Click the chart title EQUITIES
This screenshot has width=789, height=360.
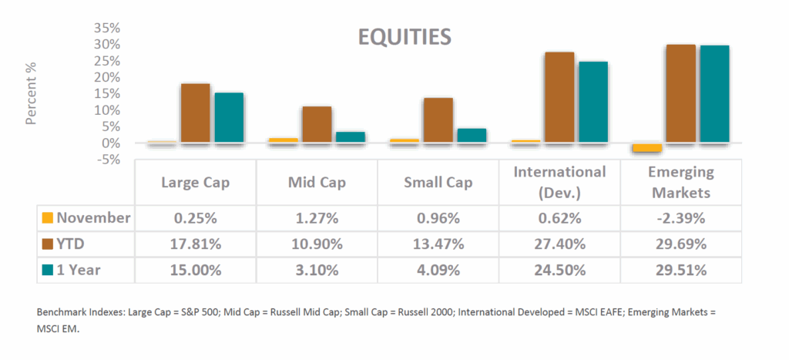pos(405,37)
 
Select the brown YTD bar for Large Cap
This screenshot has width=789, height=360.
pos(195,113)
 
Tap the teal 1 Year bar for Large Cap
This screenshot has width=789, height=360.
pos(229,117)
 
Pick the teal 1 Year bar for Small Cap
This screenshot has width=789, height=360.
pos(471,135)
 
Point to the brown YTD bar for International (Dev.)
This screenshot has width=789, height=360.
pos(559,97)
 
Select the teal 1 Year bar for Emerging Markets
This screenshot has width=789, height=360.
pos(713,93)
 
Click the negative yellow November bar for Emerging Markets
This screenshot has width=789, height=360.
pos(647,148)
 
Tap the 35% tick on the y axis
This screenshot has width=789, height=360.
pos(108,28)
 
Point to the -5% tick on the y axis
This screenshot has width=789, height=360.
pos(108,160)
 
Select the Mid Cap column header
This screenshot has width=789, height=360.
pos(317,183)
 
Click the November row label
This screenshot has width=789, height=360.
pos(93,218)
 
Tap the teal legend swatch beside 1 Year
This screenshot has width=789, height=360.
pos(48,271)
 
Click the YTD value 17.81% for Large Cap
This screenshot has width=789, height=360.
pos(196,244)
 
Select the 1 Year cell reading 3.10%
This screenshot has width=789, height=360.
pos(317,271)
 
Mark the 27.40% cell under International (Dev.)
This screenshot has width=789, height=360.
pos(559,244)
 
